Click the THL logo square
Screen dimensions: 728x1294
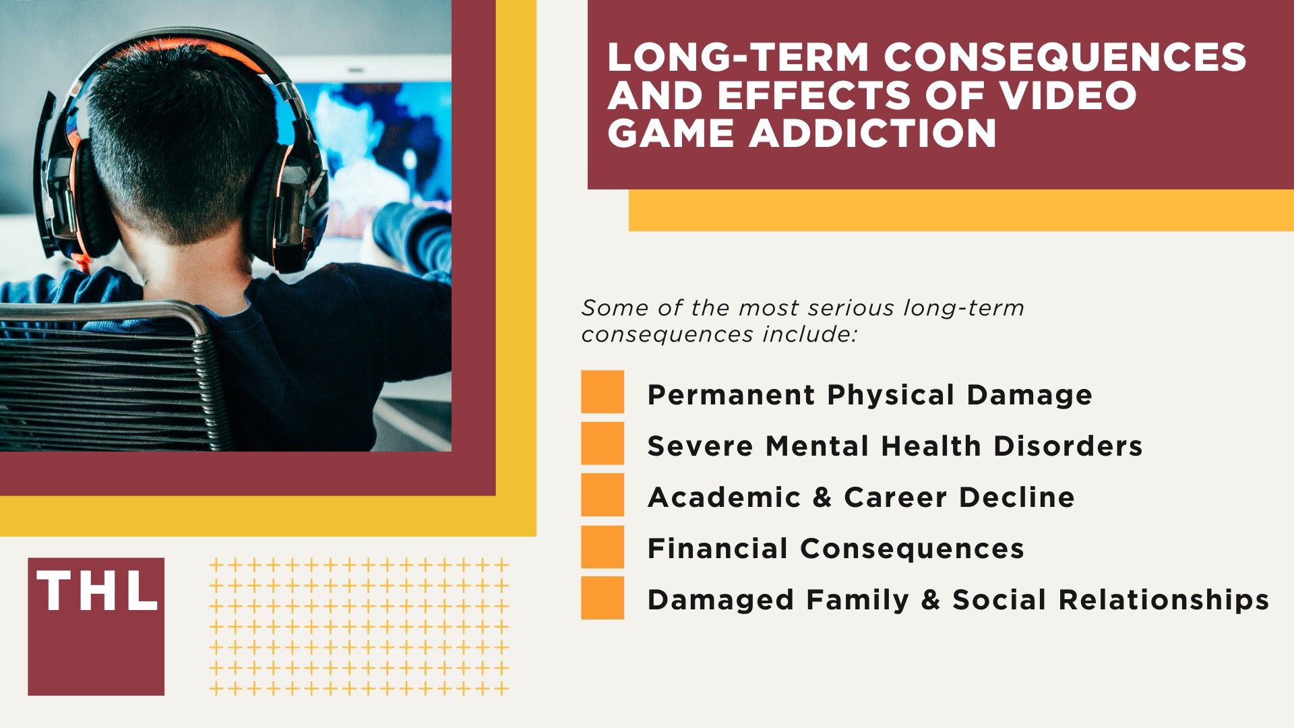(96, 626)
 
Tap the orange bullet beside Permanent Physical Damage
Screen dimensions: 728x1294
(603, 392)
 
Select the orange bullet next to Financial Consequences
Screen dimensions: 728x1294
(603, 547)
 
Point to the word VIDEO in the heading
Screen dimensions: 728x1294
(1068, 95)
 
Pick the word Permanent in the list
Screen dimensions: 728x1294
(731, 395)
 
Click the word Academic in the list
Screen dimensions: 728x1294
(724, 497)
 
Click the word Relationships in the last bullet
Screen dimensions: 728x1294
(1163, 600)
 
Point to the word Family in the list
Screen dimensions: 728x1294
(857, 601)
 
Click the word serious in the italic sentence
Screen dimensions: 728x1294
(852, 308)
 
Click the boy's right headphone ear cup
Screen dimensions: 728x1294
(286, 202)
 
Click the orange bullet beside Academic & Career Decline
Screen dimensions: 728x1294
(603, 495)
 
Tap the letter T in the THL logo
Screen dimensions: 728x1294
(55, 591)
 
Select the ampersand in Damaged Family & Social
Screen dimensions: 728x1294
(930, 600)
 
